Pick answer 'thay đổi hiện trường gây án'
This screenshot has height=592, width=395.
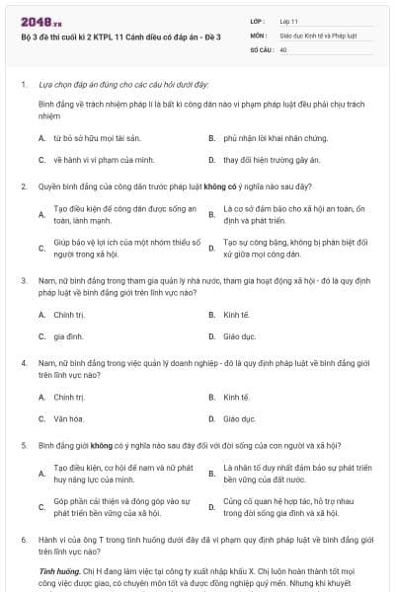pyautogui.click(x=264, y=159)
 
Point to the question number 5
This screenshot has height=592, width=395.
pyautogui.click(x=23, y=445)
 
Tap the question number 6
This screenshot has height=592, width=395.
pyautogui.click(x=23, y=541)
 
